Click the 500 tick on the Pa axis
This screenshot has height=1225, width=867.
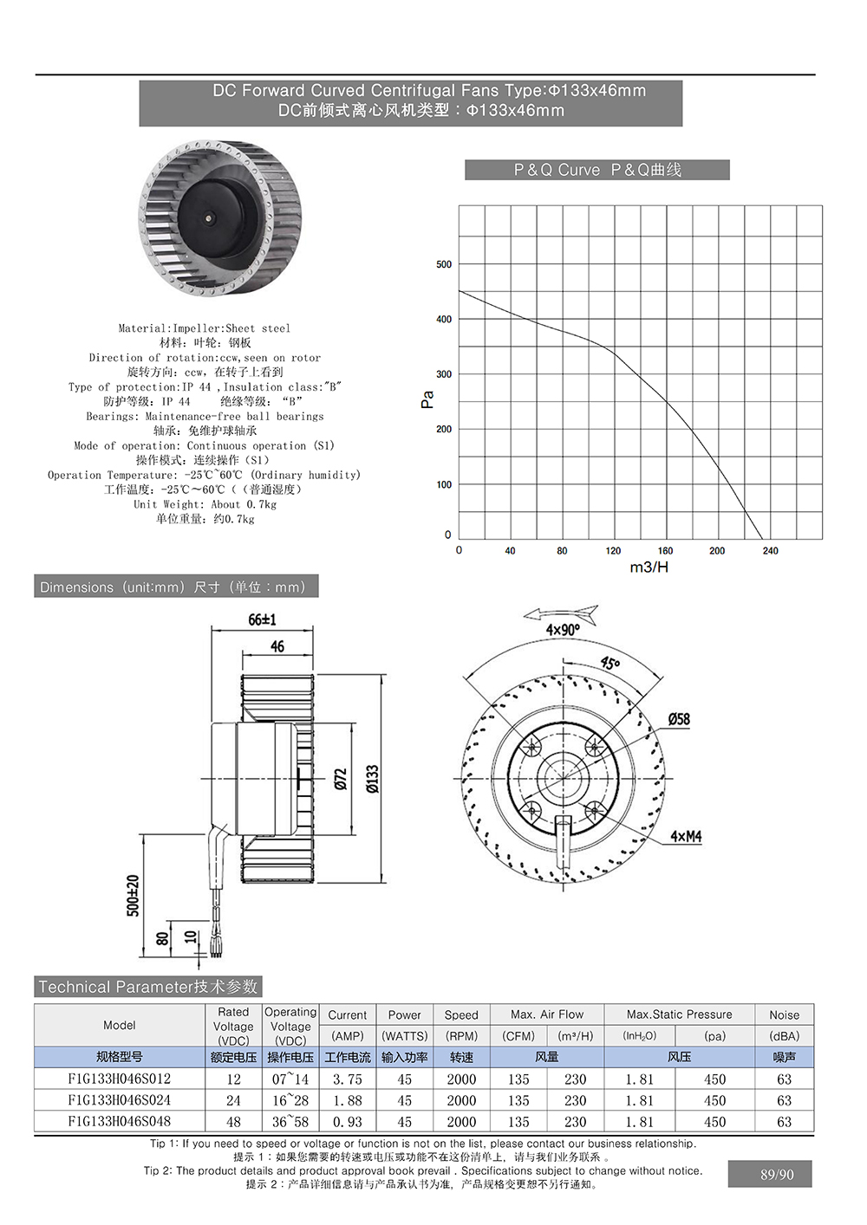tap(444, 264)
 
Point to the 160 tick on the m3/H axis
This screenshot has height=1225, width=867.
tap(665, 551)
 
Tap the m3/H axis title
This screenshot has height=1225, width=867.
tap(649, 567)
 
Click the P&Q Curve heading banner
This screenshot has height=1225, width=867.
tap(596, 170)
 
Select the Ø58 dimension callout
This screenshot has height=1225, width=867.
tap(679, 719)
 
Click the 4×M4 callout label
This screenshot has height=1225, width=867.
tap(685, 837)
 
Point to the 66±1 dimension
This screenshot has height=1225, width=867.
tap(262, 619)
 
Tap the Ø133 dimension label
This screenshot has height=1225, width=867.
tap(372, 778)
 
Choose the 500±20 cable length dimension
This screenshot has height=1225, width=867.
tap(133, 894)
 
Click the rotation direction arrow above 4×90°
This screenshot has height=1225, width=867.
tap(561, 613)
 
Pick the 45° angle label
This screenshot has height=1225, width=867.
tap(610, 663)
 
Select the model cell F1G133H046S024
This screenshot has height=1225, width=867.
tap(120, 1100)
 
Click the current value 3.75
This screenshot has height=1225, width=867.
tap(347, 1079)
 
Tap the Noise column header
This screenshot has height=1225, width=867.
tap(784, 1014)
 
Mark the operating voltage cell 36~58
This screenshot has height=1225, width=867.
tap(290, 1122)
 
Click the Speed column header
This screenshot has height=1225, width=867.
tap(461, 1014)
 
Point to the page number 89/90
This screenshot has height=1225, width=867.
tap(777, 1175)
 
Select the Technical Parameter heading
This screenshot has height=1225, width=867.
tap(148, 987)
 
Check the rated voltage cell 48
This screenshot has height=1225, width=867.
tap(233, 1122)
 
